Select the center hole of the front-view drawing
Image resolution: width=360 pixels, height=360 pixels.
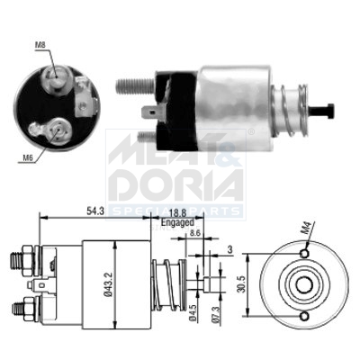302,282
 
